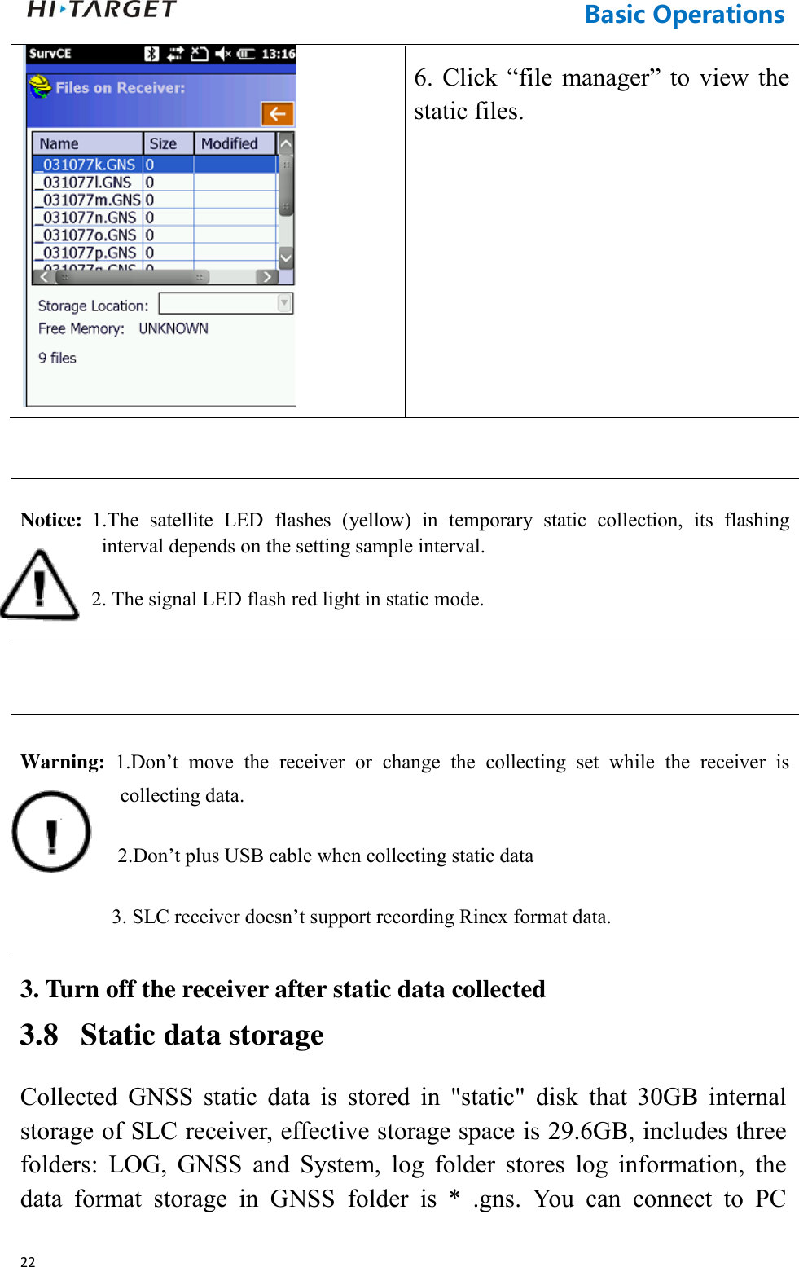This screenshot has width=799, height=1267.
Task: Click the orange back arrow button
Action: coord(277,113)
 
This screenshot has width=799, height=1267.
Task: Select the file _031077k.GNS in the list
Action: coord(88,165)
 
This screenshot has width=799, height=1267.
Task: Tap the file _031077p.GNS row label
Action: coord(89,253)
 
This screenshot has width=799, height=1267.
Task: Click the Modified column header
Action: coord(230,143)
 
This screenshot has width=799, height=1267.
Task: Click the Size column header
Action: coord(163,143)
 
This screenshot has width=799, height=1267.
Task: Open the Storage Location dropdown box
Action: coord(226,304)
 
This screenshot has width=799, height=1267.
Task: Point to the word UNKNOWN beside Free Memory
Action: coord(173,328)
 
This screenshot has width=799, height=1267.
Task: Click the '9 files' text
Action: coord(57,358)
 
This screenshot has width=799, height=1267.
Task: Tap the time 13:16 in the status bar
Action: coord(278,54)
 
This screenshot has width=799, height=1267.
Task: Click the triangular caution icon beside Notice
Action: coord(39,585)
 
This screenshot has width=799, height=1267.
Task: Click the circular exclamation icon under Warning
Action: coord(51,832)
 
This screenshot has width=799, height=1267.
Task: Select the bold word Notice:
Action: coord(50,520)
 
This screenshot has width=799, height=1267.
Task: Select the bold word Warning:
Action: coord(63,762)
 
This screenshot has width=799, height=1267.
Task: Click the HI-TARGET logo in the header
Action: coord(102,10)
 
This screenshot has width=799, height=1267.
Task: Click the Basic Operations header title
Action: coord(684,15)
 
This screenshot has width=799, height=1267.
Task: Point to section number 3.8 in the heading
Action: coord(39,1035)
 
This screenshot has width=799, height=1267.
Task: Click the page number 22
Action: coord(28,1261)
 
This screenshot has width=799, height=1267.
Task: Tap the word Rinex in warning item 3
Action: coord(483,917)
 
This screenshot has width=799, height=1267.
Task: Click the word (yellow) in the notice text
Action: coord(375,520)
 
